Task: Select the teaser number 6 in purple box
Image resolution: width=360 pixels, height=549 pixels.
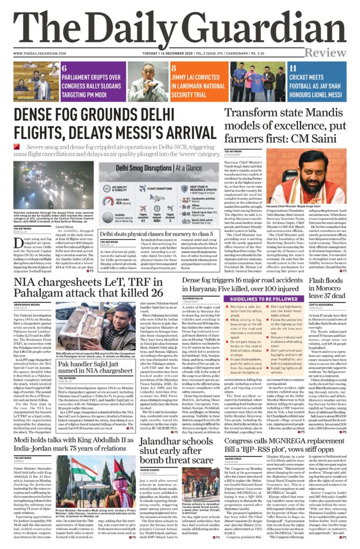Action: [64, 68]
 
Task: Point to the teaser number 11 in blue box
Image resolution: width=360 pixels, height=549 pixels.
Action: [293, 68]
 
